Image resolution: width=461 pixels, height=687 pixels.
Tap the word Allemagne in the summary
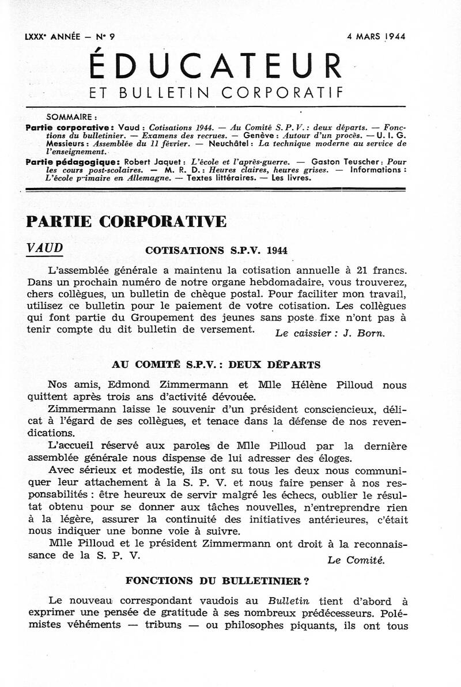(149, 178)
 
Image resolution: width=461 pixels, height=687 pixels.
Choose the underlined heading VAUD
(45, 247)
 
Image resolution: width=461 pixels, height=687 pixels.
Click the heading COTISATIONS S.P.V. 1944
(216, 251)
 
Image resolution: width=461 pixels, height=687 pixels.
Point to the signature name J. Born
(367, 334)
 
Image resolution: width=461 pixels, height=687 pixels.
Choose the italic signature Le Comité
(356, 560)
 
